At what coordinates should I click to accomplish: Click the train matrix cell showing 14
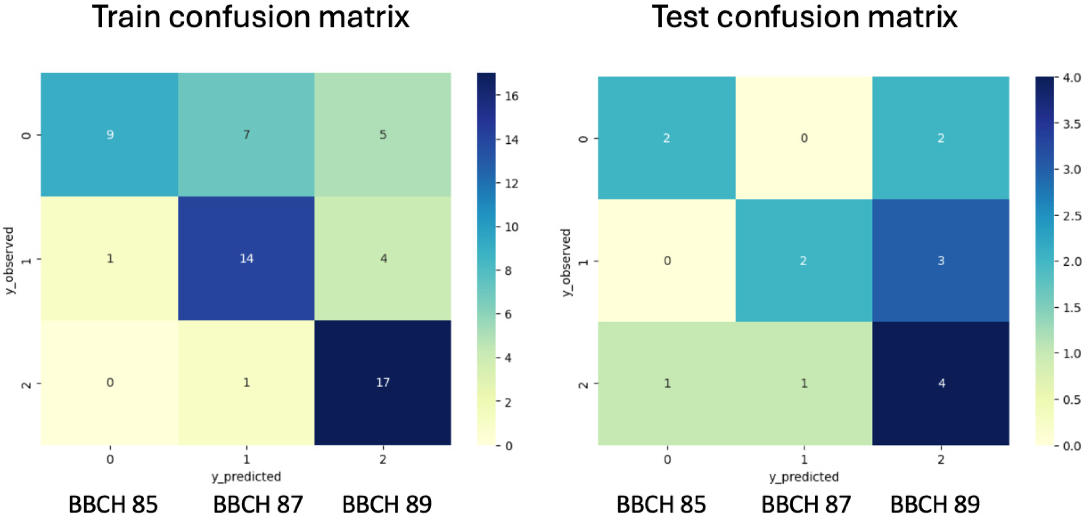pyautogui.click(x=246, y=258)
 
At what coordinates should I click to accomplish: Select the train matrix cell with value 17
pyautogui.click(x=383, y=382)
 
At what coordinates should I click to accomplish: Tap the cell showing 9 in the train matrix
pyautogui.click(x=109, y=135)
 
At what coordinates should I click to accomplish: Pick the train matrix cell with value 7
pyautogui.click(x=246, y=135)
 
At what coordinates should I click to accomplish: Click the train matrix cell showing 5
pyautogui.click(x=383, y=135)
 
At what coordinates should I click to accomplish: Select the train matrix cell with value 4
pyautogui.click(x=383, y=258)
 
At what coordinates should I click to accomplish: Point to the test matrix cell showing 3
pyautogui.click(x=941, y=260)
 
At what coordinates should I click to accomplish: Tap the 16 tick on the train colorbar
pyautogui.click(x=511, y=96)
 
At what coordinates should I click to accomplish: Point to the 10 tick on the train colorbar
pyautogui.click(x=511, y=227)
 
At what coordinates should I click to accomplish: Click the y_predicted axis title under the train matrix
pyautogui.click(x=246, y=476)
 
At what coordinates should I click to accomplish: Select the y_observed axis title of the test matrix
pyautogui.click(x=567, y=263)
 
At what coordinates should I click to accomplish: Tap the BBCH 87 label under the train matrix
pyautogui.click(x=258, y=504)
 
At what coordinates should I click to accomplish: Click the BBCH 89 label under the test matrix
pyautogui.click(x=935, y=504)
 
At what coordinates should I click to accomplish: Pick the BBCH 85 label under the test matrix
pyautogui.click(x=661, y=504)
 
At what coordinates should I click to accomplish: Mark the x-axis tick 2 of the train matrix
pyautogui.click(x=383, y=459)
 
